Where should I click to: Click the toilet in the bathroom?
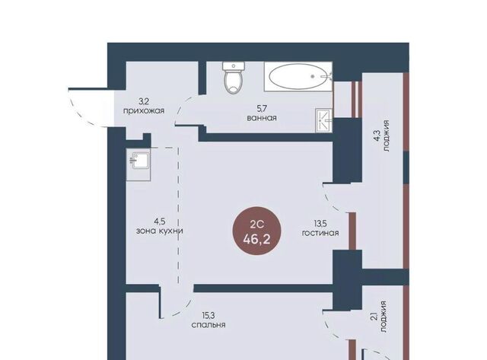pos(234,78)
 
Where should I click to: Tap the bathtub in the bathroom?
pos(298,76)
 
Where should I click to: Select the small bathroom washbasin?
pos(323,120)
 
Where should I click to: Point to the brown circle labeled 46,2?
pos(257,231)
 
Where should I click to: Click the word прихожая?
pos(144,111)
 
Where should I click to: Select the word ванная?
pos(262,118)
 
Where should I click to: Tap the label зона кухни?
pos(159,231)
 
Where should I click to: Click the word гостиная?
pos(320,233)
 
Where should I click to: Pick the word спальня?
pos(208,325)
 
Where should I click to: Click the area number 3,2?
pos(144,101)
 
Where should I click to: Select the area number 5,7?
pos(262,109)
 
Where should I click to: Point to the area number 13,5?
pos(320,223)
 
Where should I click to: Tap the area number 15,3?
pos(208,316)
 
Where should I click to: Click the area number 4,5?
pos(159,221)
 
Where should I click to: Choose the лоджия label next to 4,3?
pos(386,136)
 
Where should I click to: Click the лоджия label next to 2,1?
pos(384,317)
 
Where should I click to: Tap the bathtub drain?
pos(313,76)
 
